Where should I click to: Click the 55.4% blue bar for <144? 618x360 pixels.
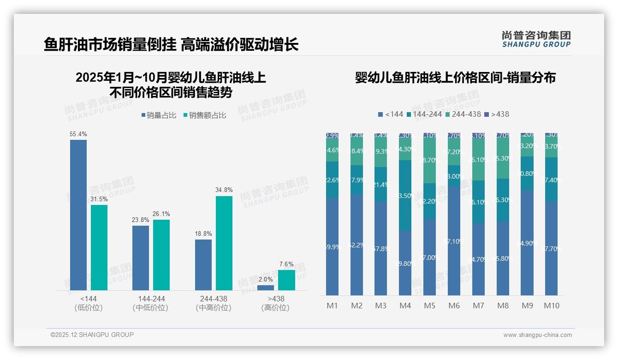click(x=78, y=215)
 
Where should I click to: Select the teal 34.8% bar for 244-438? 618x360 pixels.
click(x=224, y=243)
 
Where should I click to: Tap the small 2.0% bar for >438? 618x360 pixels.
click(x=266, y=288)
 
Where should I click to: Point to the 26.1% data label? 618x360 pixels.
click(x=161, y=214)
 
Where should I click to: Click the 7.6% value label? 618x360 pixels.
click(x=286, y=264)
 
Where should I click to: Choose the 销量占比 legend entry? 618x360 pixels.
click(x=159, y=115)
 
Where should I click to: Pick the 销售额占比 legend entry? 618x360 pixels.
click(x=205, y=115)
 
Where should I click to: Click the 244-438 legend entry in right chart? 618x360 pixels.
click(x=463, y=114)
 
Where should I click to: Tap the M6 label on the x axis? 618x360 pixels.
click(x=454, y=306)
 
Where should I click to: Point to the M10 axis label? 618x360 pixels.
click(x=551, y=306)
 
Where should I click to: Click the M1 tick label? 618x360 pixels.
click(x=332, y=306)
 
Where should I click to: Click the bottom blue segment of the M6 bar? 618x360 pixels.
click(x=454, y=240)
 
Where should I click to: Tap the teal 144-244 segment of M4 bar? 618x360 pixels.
click(x=405, y=195)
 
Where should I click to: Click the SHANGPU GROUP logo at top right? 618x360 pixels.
click(x=536, y=39)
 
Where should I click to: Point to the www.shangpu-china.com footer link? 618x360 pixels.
click(x=537, y=335)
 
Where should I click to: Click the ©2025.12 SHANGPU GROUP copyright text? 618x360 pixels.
click(x=92, y=335)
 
